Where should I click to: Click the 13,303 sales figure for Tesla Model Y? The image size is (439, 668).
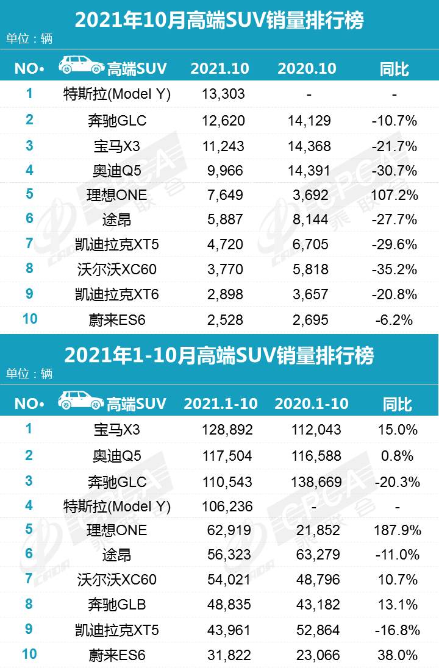tap(223, 94)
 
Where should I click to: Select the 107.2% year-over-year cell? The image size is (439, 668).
tap(394, 195)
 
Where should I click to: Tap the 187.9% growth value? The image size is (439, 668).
tap(397, 530)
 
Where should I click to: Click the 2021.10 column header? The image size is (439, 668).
tap(220, 68)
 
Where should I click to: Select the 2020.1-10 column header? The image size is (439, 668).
tap(312, 403)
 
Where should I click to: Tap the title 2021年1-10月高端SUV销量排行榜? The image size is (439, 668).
tap(219, 355)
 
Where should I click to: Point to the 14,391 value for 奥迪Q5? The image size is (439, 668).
tap(310, 170)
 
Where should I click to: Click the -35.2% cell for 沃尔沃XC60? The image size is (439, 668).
tap(394, 269)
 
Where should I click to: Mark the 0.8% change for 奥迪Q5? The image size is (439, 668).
tap(397, 455)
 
